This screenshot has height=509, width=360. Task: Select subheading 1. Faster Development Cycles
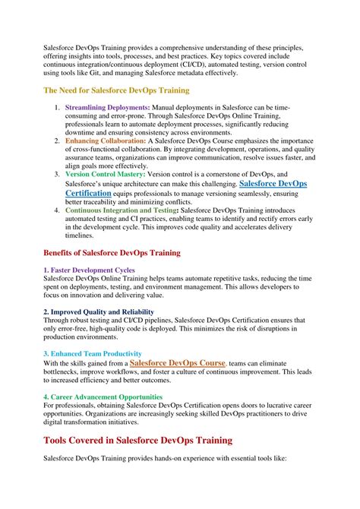pyautogui.click(x=89, y=270)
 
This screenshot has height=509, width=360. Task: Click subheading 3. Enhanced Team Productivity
pyautogui.click(x=92, y=353)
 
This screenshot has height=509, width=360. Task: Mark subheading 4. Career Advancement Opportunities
pyautogui.click(x=103, y=397)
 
